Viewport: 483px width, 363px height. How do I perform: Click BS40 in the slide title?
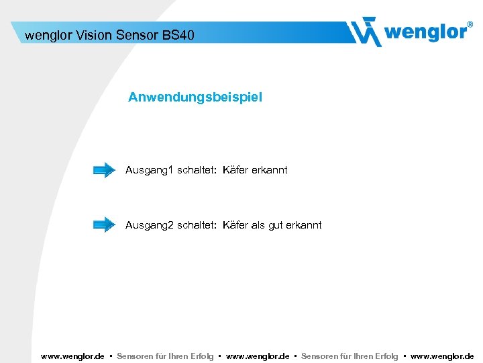pos(178,34)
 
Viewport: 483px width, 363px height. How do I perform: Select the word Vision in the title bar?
pos(93,34)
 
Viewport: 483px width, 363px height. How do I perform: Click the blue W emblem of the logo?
pos(366,32)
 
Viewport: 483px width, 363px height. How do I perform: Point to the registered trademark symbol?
pos(469,24)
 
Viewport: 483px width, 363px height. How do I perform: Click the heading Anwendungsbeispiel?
pos(195,97)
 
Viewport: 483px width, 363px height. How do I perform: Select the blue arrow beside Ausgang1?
pos(104,170)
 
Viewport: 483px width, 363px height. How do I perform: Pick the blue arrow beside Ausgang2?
pos(104,225)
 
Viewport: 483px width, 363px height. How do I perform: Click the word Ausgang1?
pos(149,170)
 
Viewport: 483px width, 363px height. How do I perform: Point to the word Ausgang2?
pos(149,225)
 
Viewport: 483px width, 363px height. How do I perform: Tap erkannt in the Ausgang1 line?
pos(270,170)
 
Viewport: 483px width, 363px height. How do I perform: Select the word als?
pos(258,225)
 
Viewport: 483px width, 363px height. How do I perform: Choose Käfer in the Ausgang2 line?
pos(235,225)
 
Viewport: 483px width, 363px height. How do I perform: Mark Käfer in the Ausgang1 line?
pos(235,170)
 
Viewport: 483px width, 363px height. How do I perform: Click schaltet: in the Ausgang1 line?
pos(197,170)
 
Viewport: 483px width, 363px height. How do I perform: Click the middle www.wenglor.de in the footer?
pos(258,356)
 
